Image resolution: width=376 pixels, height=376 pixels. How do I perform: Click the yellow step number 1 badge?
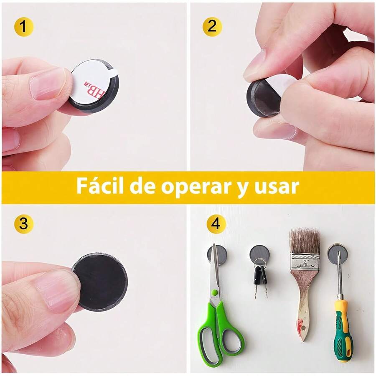24,27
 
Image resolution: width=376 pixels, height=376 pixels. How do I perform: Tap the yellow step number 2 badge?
212,27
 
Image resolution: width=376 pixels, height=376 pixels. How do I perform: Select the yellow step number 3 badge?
24,224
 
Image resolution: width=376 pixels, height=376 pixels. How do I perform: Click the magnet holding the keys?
259,253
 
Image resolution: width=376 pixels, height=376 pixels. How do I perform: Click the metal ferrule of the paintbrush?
305,262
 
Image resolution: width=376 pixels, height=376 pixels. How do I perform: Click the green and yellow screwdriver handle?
343,330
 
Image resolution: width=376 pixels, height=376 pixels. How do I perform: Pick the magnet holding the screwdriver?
337,253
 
